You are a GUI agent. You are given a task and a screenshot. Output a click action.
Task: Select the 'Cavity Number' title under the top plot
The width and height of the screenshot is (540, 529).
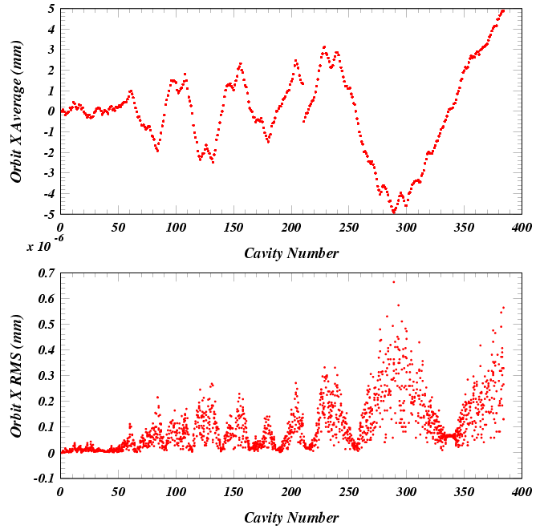pos(290,253)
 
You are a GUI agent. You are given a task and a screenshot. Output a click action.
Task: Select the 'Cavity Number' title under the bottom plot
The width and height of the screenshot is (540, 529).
pos(290,517)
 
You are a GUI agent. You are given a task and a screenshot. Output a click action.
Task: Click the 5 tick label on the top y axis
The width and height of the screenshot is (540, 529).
pos(51,9)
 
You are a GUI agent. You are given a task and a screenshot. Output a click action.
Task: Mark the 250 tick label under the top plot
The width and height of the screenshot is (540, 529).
pos(348,228)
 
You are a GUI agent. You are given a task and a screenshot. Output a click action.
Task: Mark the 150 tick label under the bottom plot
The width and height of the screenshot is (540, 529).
pos(233,491)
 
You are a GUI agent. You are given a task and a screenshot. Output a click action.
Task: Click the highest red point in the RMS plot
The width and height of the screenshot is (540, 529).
pos(393,281)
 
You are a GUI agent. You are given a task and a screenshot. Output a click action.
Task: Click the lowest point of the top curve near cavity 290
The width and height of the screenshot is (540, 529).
pos(394,212)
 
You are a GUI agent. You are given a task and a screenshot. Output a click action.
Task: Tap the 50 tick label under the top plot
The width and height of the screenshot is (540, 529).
pos(119,228)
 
